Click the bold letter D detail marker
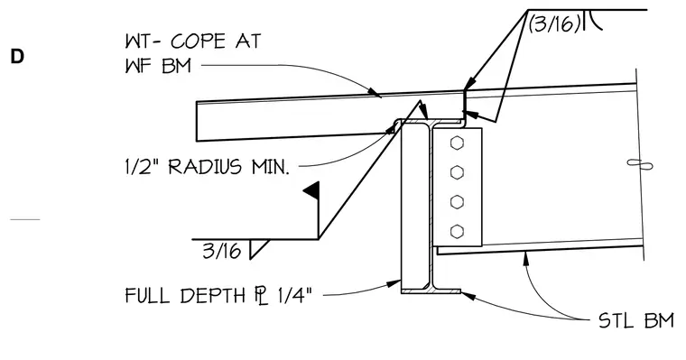tap(16, 57)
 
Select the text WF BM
tap(158, 67)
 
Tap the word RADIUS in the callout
tap(205, 167)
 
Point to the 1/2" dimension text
tap(141, 167)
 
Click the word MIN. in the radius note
tap(271, 167)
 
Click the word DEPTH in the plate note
tap(213, 296)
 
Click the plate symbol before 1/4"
tap(261, 296)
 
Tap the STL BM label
tap(636, 321)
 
